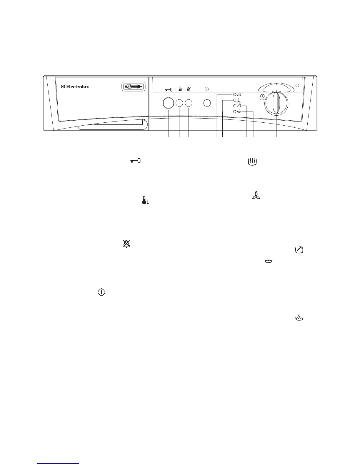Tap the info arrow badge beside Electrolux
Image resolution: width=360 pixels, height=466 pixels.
(134, 86)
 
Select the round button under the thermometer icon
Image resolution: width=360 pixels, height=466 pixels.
(179, 103)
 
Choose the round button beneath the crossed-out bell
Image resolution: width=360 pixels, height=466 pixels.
(189, 103)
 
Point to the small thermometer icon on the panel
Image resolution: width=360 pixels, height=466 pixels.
(180, 88)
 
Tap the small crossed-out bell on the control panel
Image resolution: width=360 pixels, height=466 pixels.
(189, 88)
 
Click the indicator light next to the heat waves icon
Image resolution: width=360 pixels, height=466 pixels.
(235, 94)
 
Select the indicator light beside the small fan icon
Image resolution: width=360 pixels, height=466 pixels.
(235, 100)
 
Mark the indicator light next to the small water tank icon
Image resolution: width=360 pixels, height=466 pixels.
(235, 111)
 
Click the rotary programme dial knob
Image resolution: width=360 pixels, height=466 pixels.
(276, 103)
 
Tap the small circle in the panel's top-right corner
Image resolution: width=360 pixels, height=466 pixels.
(297, 85)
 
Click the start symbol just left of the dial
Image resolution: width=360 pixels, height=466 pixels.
(262, 96)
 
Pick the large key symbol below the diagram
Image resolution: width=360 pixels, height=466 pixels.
(135, 161)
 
